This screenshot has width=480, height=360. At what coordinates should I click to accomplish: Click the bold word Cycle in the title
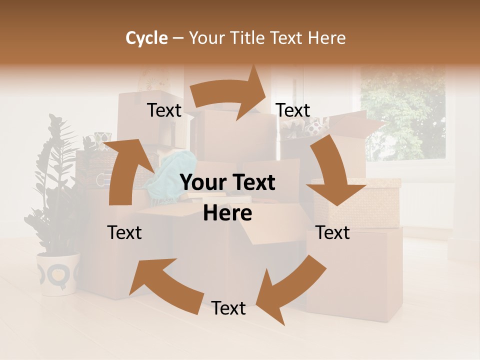[146, 38]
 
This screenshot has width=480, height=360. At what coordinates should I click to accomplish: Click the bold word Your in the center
[202, 183]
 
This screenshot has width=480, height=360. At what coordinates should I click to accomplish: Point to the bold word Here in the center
[227, 213]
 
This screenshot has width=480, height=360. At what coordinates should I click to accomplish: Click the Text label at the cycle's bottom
[228, 308]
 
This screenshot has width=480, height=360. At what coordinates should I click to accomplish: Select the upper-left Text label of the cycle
[164, 110]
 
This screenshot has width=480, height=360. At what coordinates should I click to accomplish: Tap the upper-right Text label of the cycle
[293, 110]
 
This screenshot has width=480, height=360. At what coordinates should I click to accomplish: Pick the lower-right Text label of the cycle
[332, 232]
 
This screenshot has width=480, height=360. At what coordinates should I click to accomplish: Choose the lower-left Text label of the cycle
[124, 232]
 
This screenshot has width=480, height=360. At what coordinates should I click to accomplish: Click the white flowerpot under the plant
[58, 273]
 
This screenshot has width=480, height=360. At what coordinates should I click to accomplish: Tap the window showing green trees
[402, 115]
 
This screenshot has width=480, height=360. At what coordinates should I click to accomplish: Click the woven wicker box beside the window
[357, 202]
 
